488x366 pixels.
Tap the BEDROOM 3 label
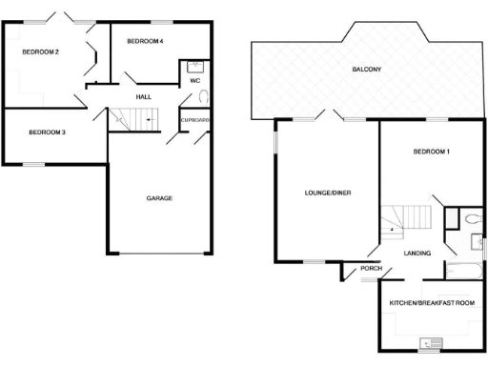(46, 132)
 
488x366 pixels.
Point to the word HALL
(143, 96)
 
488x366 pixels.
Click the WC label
(193, 81)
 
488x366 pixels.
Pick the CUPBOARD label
(195, 119)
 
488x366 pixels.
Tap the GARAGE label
(159, 198)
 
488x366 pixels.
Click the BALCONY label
(366, 70)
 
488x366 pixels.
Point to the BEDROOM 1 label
(431, 152)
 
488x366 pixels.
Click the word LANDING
(417, 253)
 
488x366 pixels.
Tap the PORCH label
(372, 268)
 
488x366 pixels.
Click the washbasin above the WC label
(195, 67)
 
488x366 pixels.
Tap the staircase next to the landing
(405, 220)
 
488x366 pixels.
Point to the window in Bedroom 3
(34, 164)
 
